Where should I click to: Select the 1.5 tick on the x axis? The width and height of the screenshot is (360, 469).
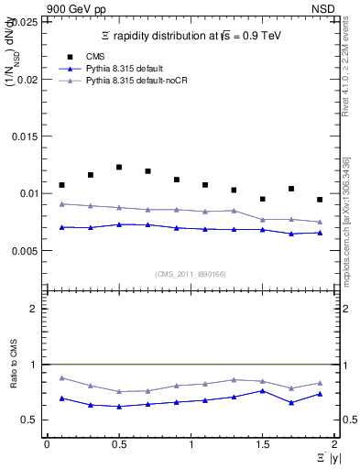(262, 444)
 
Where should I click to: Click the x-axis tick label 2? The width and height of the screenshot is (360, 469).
(334, 444)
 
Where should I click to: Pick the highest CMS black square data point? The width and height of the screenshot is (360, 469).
(119, 167)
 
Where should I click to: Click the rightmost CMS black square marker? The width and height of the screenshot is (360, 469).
(320, 200)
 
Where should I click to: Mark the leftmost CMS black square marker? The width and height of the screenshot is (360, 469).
(61, 185)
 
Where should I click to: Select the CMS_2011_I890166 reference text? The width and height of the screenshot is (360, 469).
(191, 273)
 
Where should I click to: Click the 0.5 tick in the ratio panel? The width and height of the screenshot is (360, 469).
(34, 420)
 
